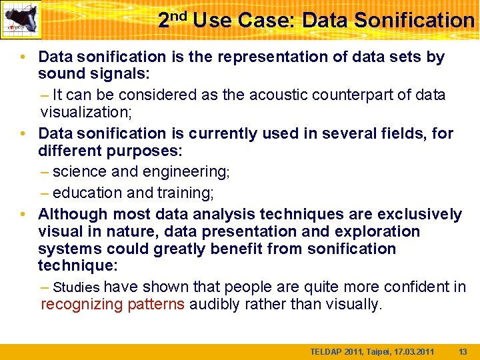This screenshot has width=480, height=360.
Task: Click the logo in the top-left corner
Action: click(21, 19)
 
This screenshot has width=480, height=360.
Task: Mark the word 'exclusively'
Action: click(419, 214)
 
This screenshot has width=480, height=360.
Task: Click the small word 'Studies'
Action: click(76, 288)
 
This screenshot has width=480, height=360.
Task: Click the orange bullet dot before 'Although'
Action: click(23, 214)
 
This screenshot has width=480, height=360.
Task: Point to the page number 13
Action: click(463, 351)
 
